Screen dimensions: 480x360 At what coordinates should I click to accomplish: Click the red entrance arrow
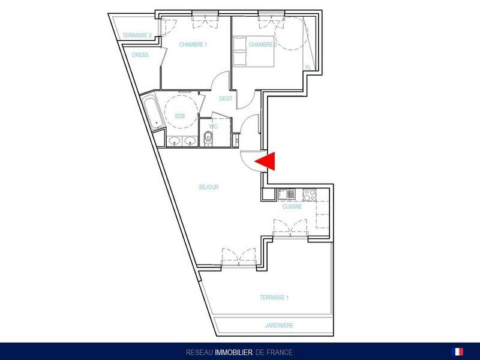pyautogui.click(x=268, y=161)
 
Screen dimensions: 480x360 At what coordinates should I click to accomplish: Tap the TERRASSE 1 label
pyautogui.click(x=274, y=297)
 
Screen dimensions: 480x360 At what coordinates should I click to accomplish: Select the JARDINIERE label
pyautogui.click(x=279, y=325)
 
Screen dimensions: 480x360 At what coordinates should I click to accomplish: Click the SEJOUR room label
pyautogui.click(x=209, y=187)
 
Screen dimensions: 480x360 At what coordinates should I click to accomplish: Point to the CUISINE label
pyautogui.click(x=292, y=206)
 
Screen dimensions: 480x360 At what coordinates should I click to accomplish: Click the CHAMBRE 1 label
pyautogui.click(x=193, y=44)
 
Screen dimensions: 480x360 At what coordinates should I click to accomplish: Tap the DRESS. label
pyautogui.click(x=141, y=55)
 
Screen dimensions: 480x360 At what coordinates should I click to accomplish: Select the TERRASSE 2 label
pyautogui.click(x=137, y=35)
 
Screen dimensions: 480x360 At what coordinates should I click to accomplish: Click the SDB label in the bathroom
pyautogui.click(x=179, y=116)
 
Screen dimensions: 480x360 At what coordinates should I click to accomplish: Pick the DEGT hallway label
pyautogui.click(x=226, y=98)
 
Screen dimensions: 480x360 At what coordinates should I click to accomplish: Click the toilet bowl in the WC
pyautogui.click(x=208, y=139)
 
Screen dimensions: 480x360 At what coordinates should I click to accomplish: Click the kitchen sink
pyautogui.click(x=286, y=194)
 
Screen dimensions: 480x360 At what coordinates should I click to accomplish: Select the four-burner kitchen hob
pyautogui.click(x=309, y=194)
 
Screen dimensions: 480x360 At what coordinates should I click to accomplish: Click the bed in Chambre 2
pyautogui.click(x=253, y=52)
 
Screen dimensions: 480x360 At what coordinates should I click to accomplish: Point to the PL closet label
pyautogui.click(x=308, y=67)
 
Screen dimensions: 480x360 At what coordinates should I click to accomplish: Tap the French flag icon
pyautogui.click(x=457, y=352)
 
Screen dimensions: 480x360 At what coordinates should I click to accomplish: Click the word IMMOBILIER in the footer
pyautogui.click(x=234, y=352)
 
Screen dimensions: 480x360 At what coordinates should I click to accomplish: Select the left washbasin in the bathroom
pyautogui.click(x=175, y=141)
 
